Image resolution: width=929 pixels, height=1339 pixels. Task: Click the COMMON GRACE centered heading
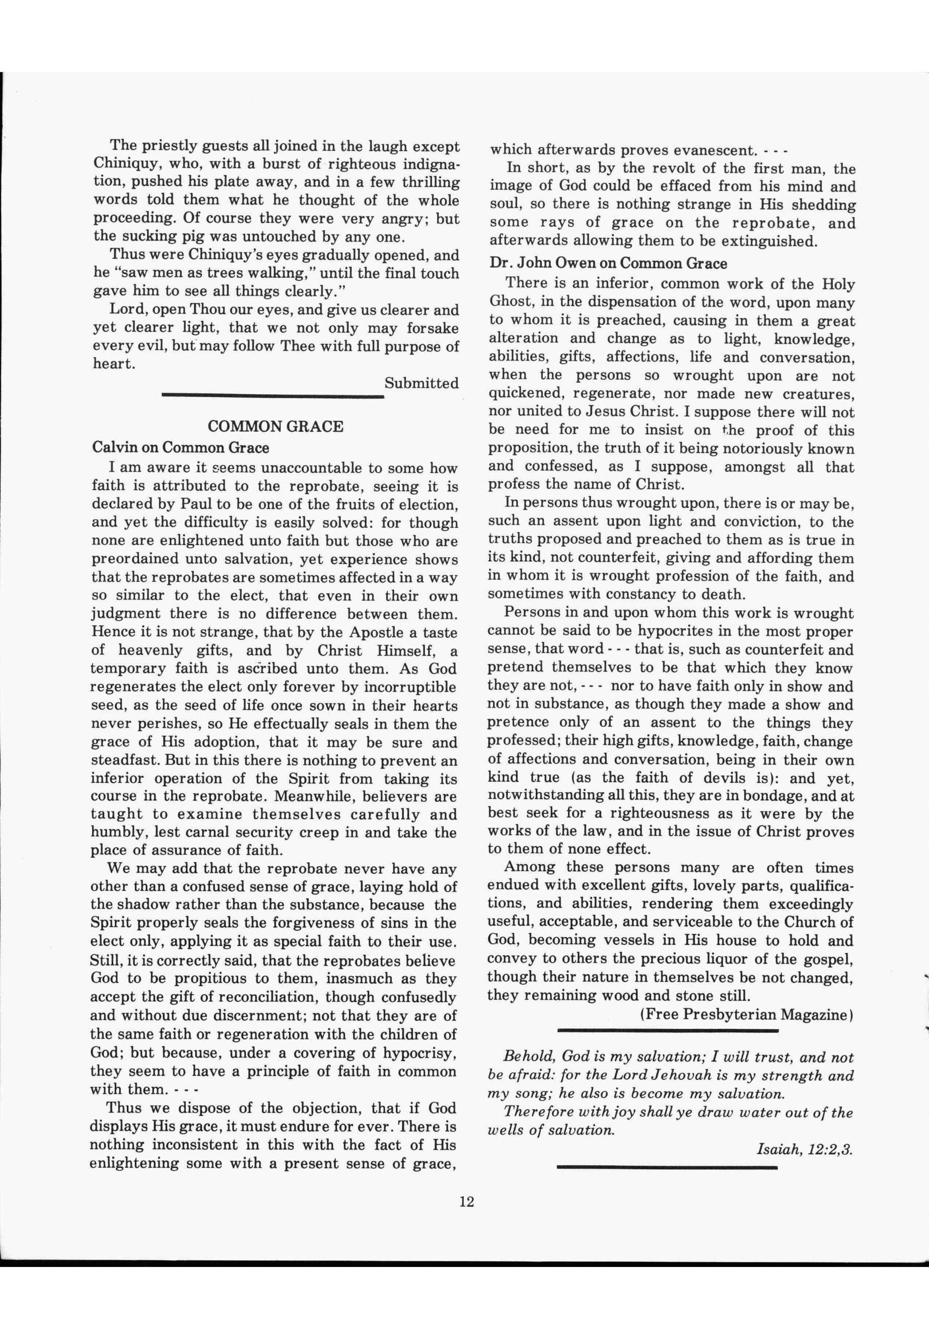click(x=275, y=426)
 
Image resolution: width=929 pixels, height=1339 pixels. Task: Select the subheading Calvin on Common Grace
click(x=180, y=448)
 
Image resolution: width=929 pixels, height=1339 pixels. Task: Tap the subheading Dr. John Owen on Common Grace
click(x=608, y=263)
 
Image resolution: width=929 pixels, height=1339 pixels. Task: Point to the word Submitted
click(x=421, y=383)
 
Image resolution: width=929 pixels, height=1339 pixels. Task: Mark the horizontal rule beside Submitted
click(x=272, y=396)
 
